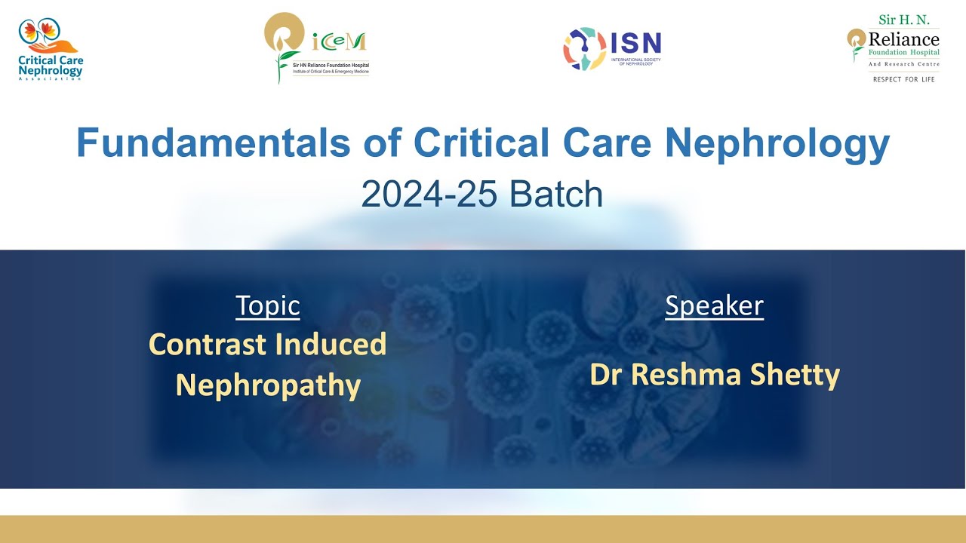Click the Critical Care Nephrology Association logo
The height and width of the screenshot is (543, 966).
click(x=51, y=50)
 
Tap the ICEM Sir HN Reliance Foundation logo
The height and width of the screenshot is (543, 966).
click(x=317, y=48)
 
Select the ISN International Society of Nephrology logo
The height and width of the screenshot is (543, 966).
click(x=612, y=49)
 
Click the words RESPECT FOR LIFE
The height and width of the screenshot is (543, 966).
click(x=903, y=79)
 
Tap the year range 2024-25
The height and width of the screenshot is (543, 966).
click(x=429, y=195)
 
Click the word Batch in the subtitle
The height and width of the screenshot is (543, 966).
click(x=556, y=195)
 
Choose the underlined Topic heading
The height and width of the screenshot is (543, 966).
click(x=267, y=305)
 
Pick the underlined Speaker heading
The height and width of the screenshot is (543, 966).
click(x=714, y=305)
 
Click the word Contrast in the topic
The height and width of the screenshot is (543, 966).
click(x=208, y=345)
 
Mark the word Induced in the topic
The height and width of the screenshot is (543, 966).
click(x=331, y=345)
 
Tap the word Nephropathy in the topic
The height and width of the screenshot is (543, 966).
click(x=268, y=385)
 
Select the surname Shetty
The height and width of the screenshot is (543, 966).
click(x=801, y=374)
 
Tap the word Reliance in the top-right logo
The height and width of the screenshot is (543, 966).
click(x=903, y=39)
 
